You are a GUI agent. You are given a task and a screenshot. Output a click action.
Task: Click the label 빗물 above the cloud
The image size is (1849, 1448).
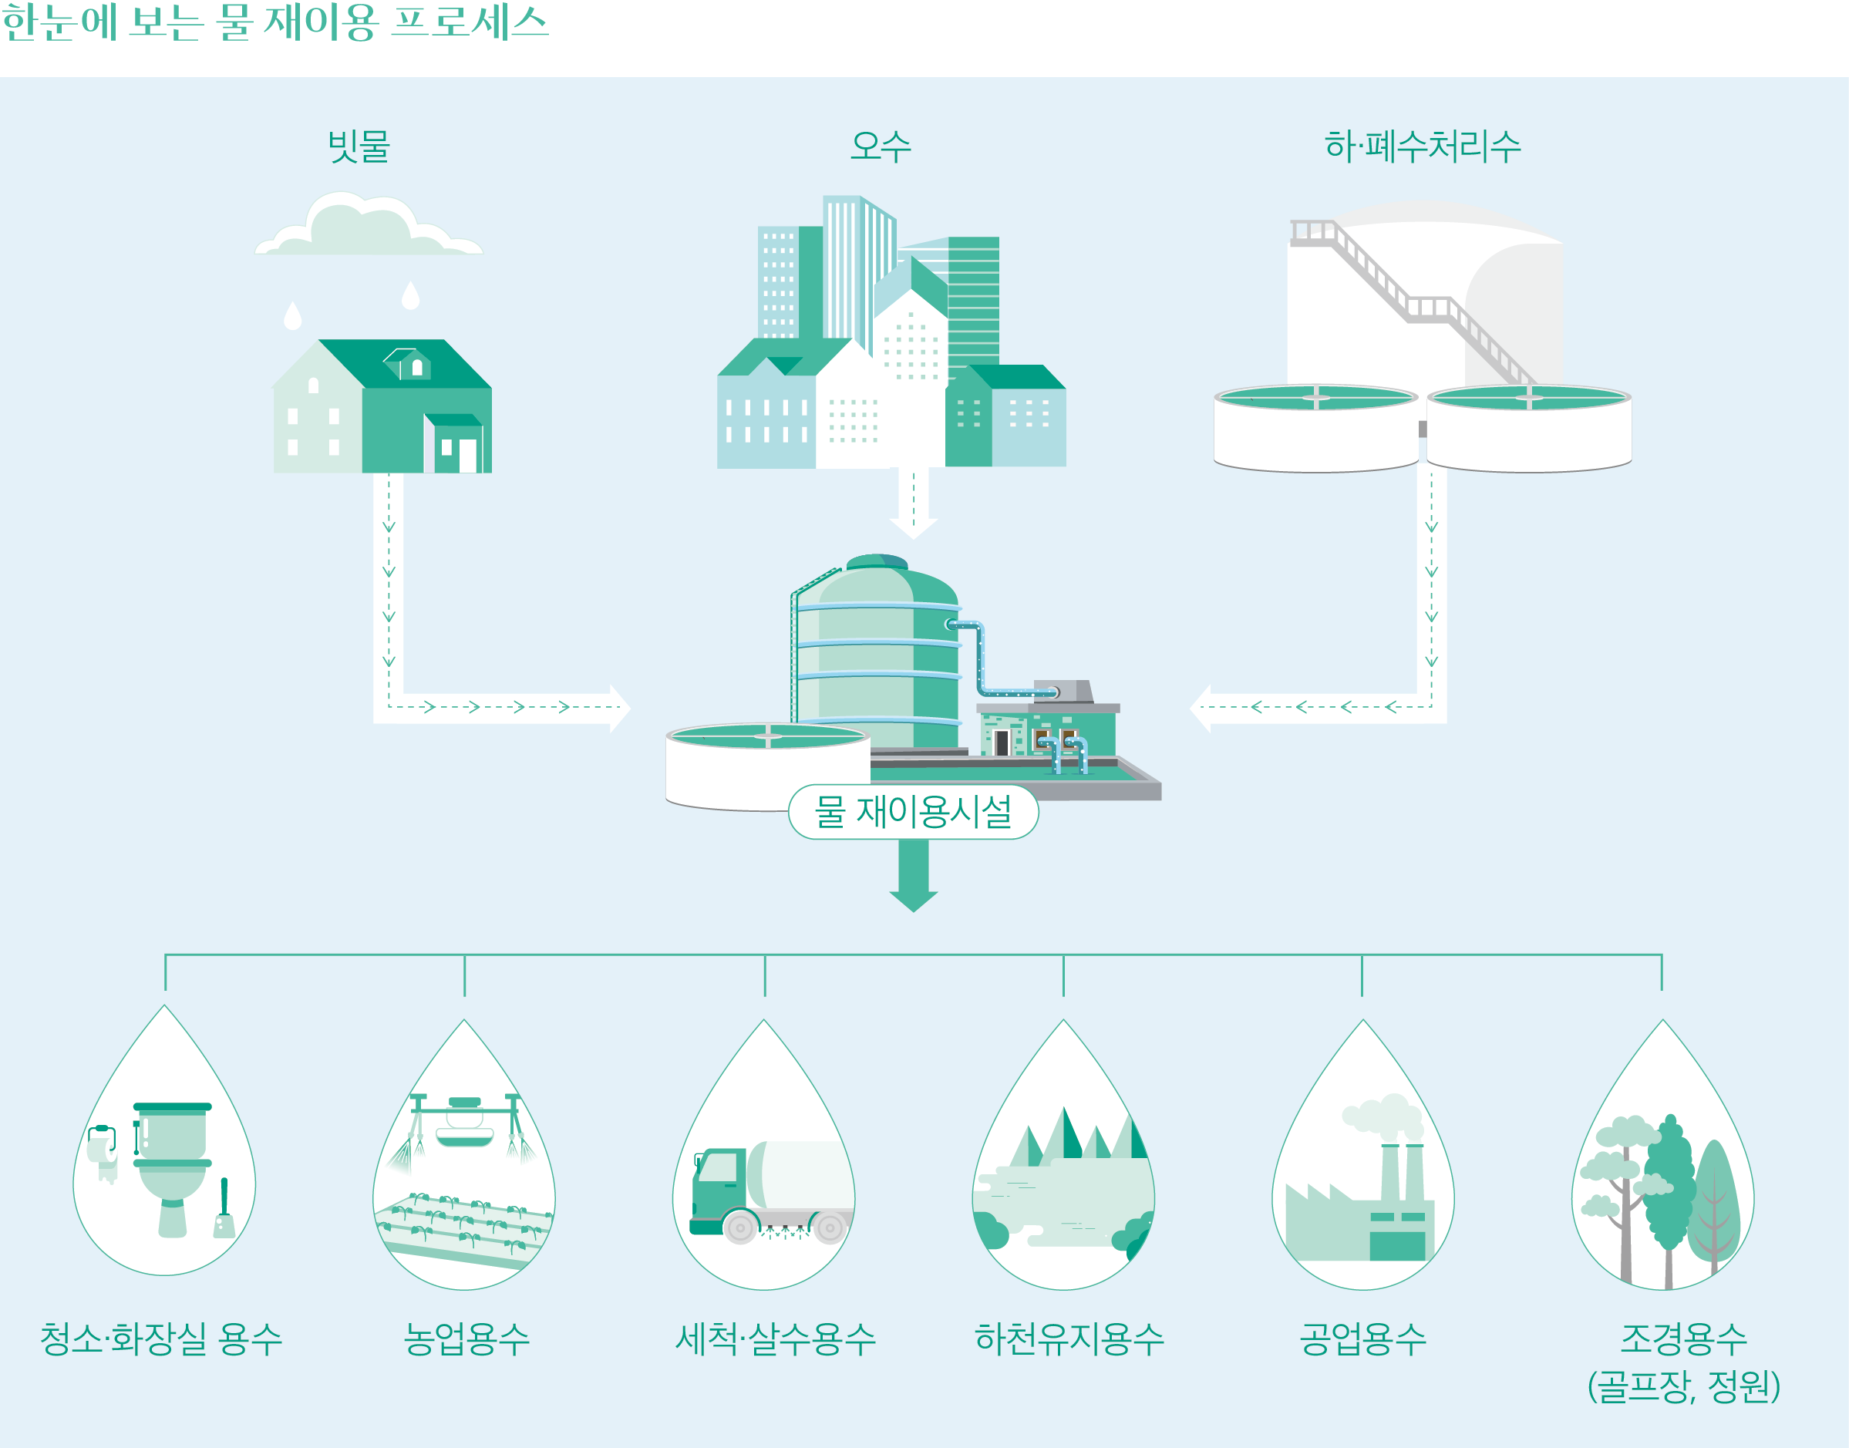(x=359, y=146)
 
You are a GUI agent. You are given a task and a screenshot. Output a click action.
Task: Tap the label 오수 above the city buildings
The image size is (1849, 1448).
(x=881, y=146)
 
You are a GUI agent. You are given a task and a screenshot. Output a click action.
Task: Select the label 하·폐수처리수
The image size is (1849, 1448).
(x=1423, y=146)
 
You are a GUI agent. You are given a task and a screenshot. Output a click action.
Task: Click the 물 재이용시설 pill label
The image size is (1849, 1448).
(x=913, y=811)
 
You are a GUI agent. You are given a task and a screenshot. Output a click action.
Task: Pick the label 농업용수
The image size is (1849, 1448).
(x=466, y=1339)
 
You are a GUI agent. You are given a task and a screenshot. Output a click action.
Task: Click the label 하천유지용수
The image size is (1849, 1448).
(x=1069, y=1339)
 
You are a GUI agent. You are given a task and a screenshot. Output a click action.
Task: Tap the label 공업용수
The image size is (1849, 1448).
(x=1363, y=1339)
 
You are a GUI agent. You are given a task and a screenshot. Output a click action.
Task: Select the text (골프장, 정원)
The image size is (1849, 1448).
(x=1682, y=1387)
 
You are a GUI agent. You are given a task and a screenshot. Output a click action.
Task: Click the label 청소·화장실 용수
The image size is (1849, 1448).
(x=161, y=1339)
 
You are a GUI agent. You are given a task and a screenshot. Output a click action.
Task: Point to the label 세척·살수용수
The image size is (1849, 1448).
(x=775, y=1339)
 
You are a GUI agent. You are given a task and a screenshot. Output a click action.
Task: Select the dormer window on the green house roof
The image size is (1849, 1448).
(x=408, y=364)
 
